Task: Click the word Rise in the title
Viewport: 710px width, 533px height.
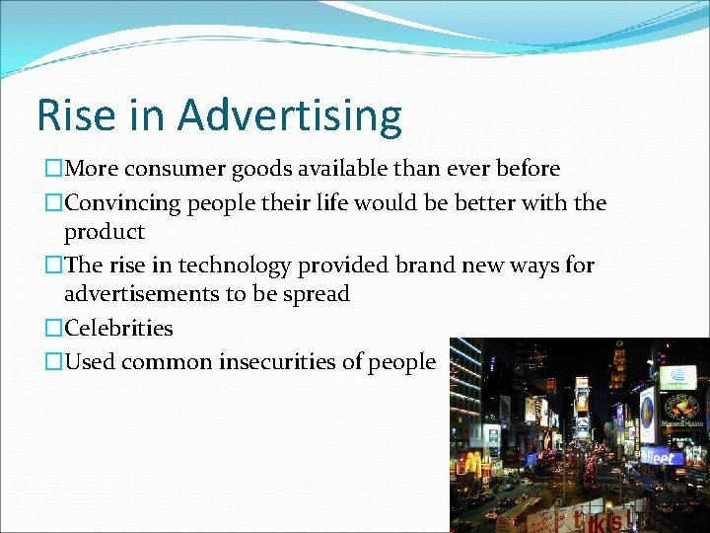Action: point(73,115)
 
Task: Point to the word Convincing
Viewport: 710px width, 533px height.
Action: point(123,202)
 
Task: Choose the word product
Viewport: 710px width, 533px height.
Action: point(104,233)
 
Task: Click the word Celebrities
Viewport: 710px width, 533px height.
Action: point(118,328)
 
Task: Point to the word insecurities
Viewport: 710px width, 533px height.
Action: point(269,362)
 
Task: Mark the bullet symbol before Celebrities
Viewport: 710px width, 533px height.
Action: point(52,329)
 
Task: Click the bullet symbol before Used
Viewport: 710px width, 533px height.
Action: point(52,362)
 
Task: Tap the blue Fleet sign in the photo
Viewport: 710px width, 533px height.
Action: point(658,457)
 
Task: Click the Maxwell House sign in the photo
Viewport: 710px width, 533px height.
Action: point(675,411)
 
